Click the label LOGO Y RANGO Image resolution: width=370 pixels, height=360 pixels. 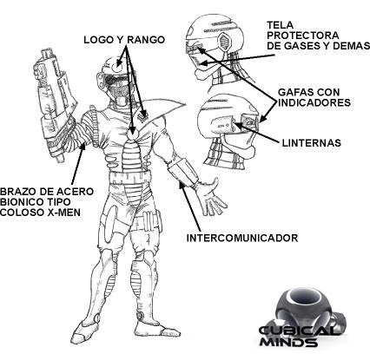click(124, 40)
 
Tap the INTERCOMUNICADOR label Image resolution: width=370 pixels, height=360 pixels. click(242, 238)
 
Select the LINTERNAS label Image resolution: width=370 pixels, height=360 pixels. click(311, 143)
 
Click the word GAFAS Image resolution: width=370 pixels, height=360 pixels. click(294, 92)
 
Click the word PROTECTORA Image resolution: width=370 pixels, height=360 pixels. click(303, 36)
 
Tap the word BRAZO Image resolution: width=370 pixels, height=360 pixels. click(17, 192)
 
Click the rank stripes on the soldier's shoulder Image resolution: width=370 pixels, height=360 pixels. click(142, 115)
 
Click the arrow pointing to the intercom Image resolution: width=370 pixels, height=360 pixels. click(189, 206)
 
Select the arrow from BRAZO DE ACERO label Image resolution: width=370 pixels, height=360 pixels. click(77, 164)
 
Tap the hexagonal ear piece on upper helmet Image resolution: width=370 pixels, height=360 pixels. click(224, 42)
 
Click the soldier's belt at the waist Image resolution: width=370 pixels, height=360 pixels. click(130, 177)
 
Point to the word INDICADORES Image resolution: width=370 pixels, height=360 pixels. click(314, 102)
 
